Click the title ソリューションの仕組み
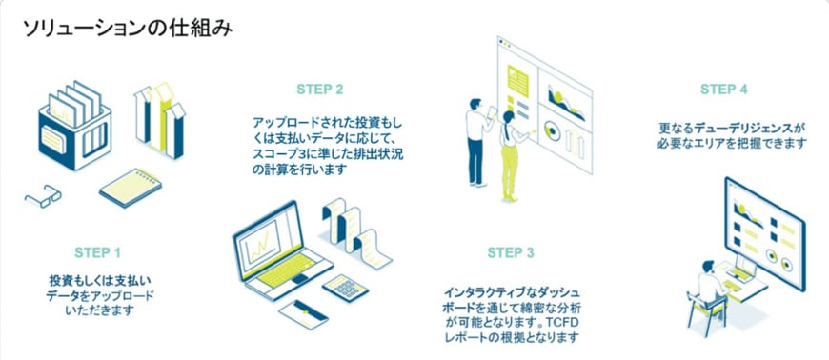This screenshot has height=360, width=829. tap(128, 29)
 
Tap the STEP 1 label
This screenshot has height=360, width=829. tap(97, 252)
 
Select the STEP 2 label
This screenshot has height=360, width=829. tap(320, 89)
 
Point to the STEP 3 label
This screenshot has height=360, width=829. tap(511, 252)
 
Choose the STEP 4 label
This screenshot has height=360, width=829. tap(724, 89)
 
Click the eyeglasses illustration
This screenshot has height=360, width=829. tap(43, 195)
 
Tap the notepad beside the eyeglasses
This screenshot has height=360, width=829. tap(130, 188)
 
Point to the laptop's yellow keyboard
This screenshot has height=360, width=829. tap(286, 270)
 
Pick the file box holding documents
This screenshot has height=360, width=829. tap(74, 128)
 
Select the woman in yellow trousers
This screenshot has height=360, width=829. tap(511, 156)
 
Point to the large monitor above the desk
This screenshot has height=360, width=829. tap(764, 232)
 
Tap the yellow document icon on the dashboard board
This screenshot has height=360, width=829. tap(517, 80)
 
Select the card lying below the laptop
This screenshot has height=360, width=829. tap(303, 314)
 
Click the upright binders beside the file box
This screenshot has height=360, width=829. tap(160, 121)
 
